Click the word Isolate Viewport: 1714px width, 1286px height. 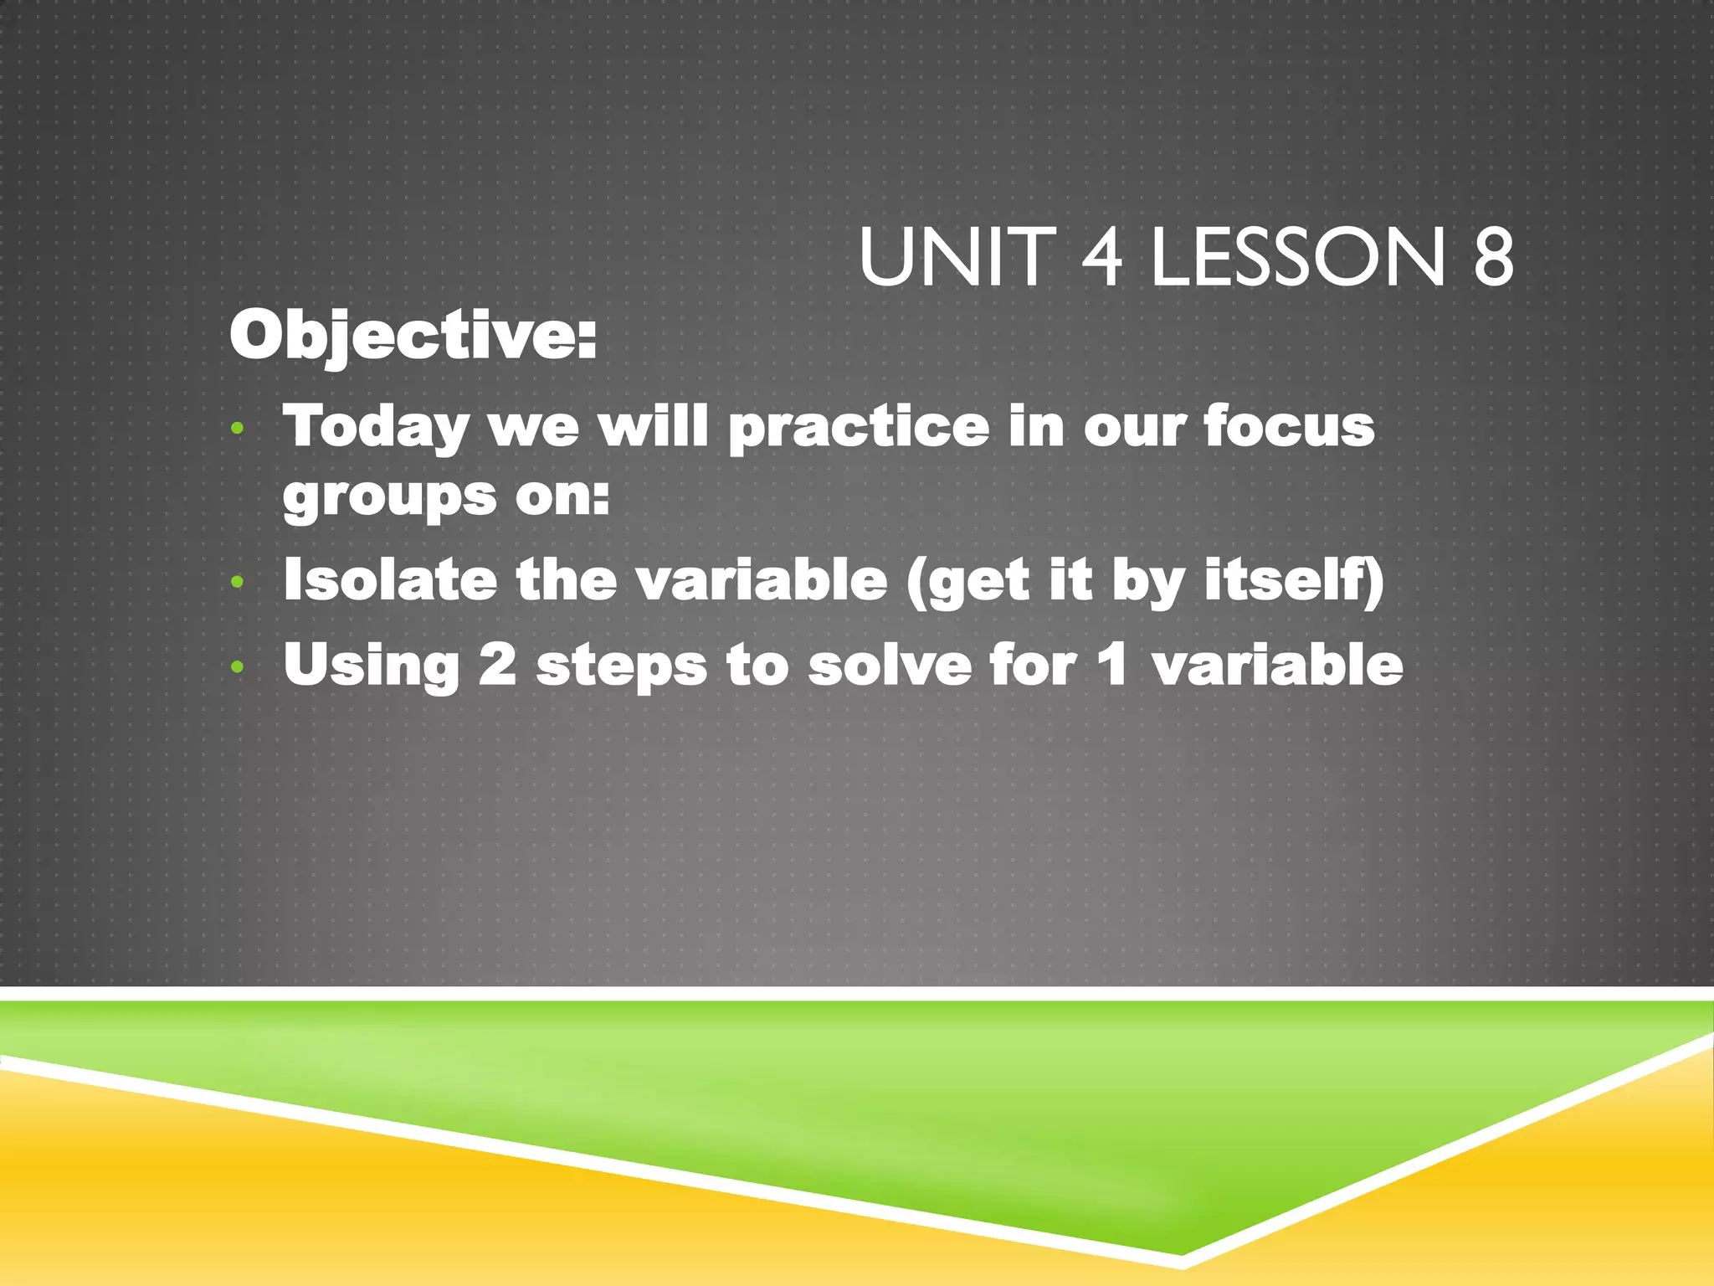coord(390,579)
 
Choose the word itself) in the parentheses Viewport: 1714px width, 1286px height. coord(1294,579)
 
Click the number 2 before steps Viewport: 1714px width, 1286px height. coord(497,666)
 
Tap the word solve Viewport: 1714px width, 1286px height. coord(889,666)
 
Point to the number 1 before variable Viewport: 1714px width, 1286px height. coord(1112,666)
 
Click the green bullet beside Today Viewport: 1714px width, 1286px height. coord(238,430)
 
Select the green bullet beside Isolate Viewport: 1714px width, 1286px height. coord(238,581)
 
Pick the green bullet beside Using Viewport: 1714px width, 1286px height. coord(238,667)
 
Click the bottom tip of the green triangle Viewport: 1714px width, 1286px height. coord(1181,1253)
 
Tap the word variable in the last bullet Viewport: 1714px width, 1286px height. coord(1277,666)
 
